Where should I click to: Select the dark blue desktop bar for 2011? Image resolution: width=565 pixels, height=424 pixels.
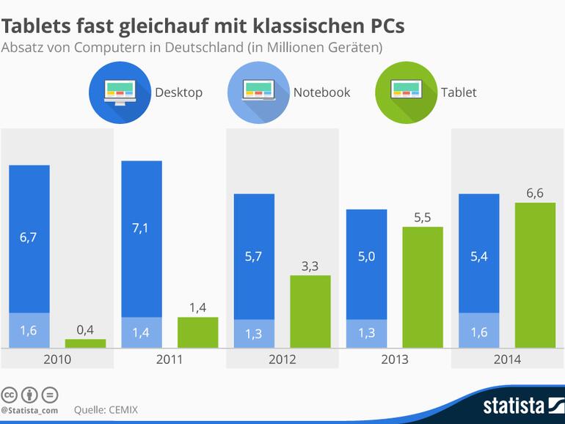pos(142,238)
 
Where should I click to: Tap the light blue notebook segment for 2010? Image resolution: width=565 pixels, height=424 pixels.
pos(29,330)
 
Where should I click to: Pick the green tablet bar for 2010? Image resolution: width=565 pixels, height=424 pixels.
pos(85,343)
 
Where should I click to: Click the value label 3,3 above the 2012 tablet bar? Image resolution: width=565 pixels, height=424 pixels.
pos(310,266)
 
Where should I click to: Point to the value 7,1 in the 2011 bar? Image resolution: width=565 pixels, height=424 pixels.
pos(142,228)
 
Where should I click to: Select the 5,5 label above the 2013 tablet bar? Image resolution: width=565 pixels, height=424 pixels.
pos(423,217)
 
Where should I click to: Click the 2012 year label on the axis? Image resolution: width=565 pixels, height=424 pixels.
pos(282,359)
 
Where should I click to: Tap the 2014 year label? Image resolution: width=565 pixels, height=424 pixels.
pos(507,359)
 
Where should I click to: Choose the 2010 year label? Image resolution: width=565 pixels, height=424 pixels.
pos(57,359)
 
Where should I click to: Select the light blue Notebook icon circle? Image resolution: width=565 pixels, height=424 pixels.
pos(259,92)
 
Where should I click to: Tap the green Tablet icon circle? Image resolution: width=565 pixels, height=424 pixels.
pos(405,92)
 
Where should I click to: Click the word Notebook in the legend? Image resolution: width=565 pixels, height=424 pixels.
pos(321,92)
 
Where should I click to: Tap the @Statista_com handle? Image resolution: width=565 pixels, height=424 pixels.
pos(29,410)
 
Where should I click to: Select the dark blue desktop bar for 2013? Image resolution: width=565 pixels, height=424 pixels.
pos(366,264)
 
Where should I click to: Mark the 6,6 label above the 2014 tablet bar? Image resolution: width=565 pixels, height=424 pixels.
pos(535,193)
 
